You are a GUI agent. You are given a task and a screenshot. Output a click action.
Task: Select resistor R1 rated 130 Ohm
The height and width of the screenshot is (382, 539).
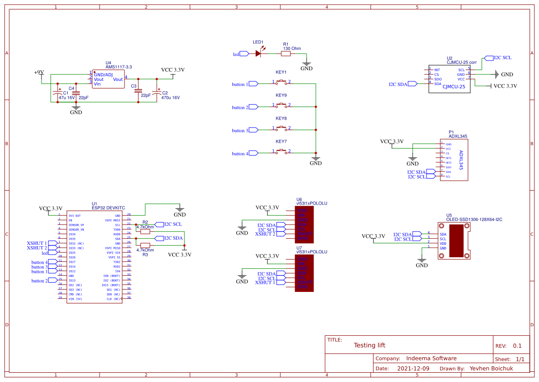pos(286,54)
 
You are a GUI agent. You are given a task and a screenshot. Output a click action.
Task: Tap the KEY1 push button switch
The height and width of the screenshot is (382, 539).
pos(281,83)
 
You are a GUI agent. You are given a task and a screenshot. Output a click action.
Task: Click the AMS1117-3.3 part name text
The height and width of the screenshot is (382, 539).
pos(118,67)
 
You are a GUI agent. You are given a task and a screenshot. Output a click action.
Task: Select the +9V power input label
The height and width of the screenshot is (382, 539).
pos(39,73)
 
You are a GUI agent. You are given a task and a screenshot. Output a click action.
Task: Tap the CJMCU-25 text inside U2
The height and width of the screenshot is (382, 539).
pos(453,86)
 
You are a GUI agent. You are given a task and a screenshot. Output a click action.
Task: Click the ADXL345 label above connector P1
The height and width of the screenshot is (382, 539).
pos(458,137)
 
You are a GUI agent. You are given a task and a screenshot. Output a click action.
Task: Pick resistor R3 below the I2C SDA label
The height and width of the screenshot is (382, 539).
pos(145,245)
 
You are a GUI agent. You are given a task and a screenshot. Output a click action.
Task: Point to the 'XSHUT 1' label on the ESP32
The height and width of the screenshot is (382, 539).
pos(37,243)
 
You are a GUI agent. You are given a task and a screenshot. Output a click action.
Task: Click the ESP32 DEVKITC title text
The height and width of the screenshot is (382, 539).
pos(108,208)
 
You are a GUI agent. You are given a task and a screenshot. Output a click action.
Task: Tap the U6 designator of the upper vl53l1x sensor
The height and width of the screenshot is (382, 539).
pos(299,199)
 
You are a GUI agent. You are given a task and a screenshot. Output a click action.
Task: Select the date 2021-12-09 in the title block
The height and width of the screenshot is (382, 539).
pos(413,369)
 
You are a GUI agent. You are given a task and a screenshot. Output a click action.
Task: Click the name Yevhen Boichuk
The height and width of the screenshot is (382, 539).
pos(492,369)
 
